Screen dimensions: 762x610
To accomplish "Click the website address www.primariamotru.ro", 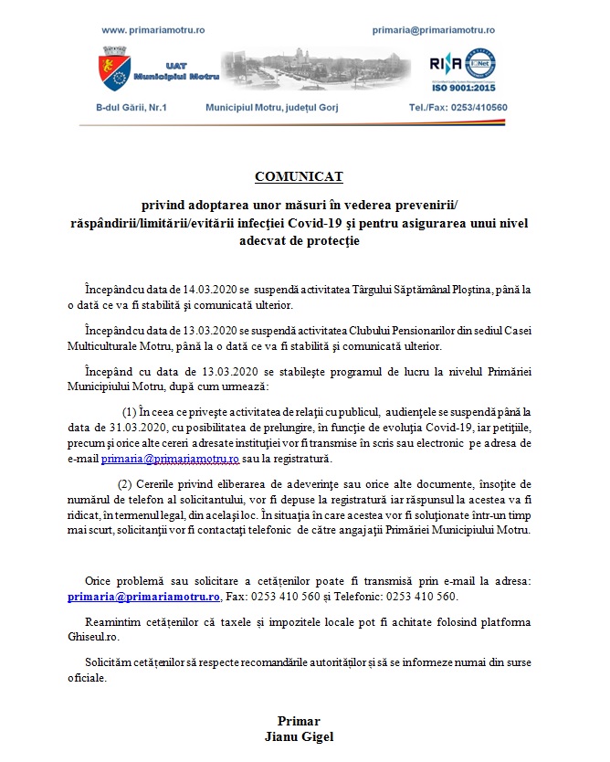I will tap(152, 30).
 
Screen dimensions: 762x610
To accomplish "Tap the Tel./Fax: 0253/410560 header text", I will tap(457, 107).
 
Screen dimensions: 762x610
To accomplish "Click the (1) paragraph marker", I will tap(130, 412).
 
